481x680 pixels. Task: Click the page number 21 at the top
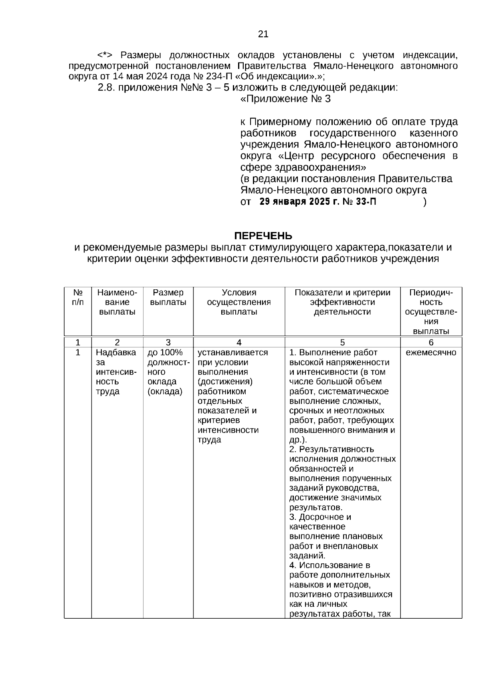[263, 34]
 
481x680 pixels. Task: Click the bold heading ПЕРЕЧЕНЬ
[263, 235]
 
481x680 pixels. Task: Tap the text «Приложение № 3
[285, 99]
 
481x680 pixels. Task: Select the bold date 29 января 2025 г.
[299, 202]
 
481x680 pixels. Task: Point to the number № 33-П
[360, 202]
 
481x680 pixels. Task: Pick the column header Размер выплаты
[168, 297]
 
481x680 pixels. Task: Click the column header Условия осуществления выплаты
[239, 302]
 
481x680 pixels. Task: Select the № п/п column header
[78, 297]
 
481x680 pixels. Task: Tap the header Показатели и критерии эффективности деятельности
[342, 302]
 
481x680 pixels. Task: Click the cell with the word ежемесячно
[431, 353]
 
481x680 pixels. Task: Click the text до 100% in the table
[165, 353]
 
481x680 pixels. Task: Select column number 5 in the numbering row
[342, 343]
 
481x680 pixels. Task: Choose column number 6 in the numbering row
[431, 343]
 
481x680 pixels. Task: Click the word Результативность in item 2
[336, 449]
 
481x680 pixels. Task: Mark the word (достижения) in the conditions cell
[225, 381]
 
